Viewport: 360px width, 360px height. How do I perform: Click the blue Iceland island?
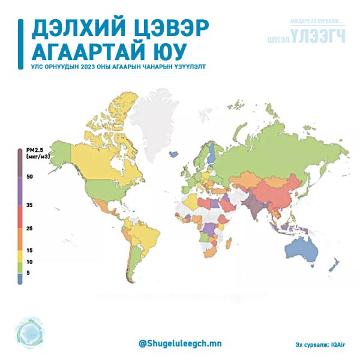173,154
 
